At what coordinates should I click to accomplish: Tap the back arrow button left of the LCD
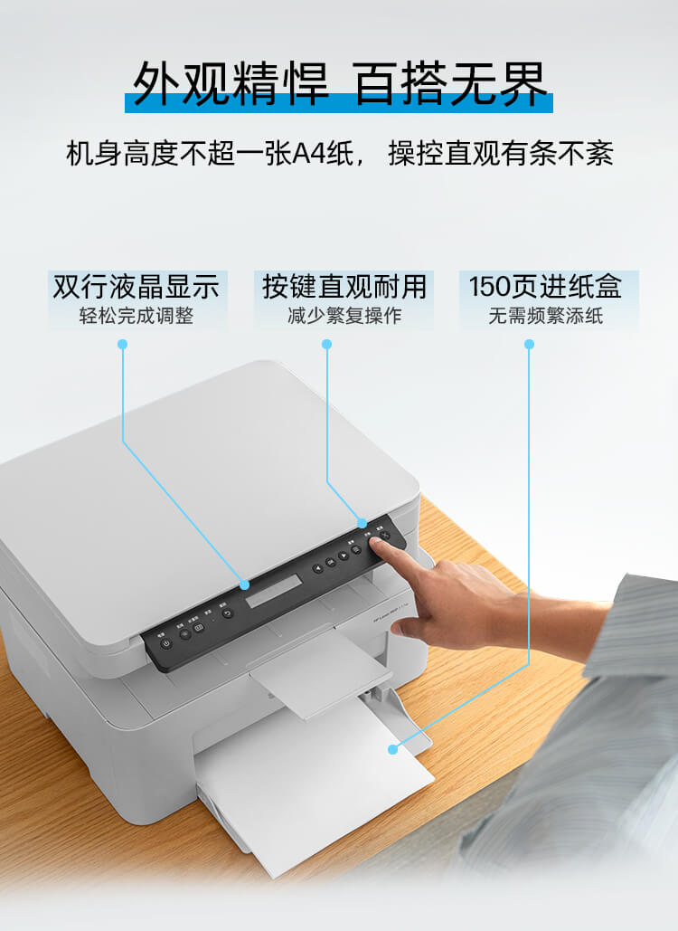click(x=227, y=613)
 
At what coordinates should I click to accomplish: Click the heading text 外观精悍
click(x=231, y=86)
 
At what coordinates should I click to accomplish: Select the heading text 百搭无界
click(x=451, y=86)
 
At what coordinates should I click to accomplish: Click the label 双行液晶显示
click(x=137, y=287)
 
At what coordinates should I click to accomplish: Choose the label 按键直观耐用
click(x=344, y=287)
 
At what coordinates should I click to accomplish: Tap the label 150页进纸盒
click(x=545, y=287)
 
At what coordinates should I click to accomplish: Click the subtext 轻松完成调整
click(x=137, y=316)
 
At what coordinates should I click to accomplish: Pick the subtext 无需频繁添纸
click(x=545, y=316)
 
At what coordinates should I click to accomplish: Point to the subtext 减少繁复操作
click(x=344, y=316)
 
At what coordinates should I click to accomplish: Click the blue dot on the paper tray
click(x=392, y=749)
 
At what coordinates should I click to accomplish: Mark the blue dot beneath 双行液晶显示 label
click(x=123, y=344)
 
